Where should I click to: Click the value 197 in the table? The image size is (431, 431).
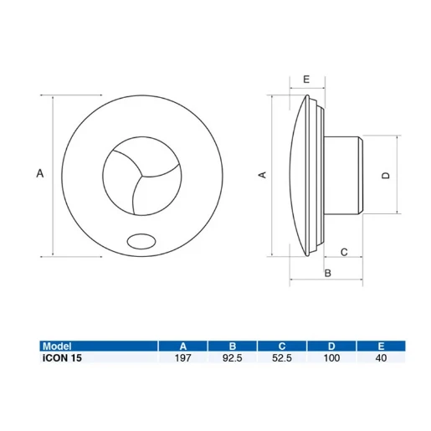pos(183,357)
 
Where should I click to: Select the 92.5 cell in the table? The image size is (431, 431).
pos(233,357)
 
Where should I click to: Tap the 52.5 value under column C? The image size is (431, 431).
pos(282,357)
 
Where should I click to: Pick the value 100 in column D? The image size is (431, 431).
pos(332,357)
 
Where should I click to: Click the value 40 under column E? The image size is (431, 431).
pos(381,357)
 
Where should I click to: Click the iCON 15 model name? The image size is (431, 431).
pos(61,357)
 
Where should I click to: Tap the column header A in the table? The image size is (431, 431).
pos(183,346)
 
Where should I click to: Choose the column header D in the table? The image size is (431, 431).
pos(332,346)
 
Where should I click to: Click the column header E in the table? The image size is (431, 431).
pos(381,346)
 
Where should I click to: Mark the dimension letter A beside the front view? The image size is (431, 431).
pos(39,173)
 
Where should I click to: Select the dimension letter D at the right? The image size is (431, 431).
pos(385,175)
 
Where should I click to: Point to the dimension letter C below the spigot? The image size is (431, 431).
pos(344,252)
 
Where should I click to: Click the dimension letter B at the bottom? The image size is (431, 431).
pos(328,273)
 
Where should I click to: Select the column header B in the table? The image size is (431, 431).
pos(233,346)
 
